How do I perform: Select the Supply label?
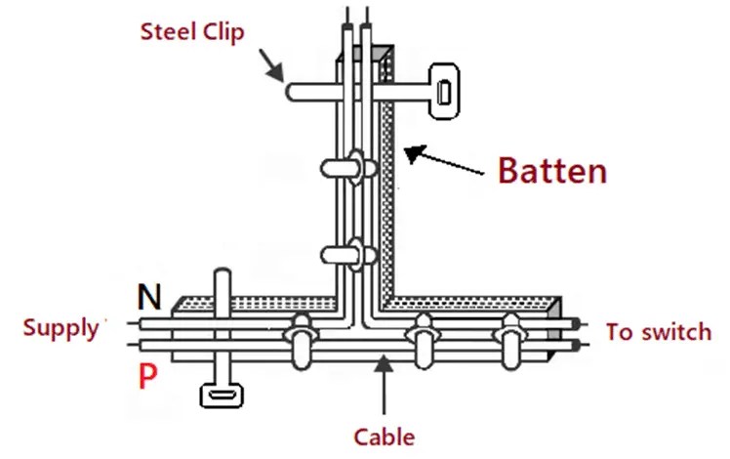pos(61,328)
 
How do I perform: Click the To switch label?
pos(659,332)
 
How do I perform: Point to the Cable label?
pos(385,437)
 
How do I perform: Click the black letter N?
pos(149,296)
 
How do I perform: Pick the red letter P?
pos(148,377)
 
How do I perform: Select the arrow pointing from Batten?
pos(445,161)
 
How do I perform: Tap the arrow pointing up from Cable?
pos(384,386)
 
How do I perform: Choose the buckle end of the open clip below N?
pos(221,396)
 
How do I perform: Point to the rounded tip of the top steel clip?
pos(293,92)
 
